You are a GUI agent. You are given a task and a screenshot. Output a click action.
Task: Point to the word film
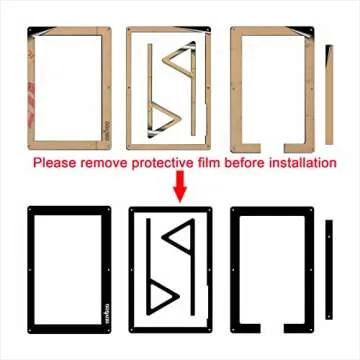pos(211,162)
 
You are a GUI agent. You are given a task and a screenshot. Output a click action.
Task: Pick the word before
pos(246,162)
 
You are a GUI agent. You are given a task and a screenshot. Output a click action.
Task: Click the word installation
pos(302,162)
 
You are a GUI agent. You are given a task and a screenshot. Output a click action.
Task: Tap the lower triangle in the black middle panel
pos(159,294)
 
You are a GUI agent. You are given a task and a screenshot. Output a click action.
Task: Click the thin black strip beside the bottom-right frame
pos(327,270)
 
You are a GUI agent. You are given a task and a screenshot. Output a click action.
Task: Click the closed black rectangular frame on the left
pos(33,270)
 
